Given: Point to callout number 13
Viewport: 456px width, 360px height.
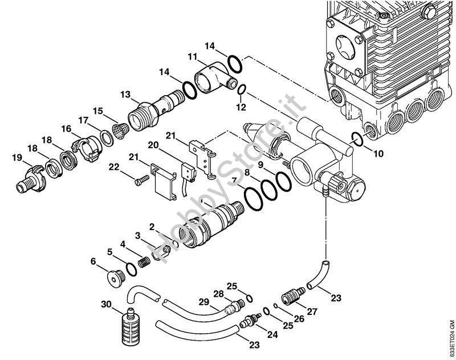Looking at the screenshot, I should (125, 94).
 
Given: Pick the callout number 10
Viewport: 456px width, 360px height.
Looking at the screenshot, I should (379, 153).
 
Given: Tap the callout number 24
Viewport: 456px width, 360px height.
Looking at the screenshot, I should (272, 335).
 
